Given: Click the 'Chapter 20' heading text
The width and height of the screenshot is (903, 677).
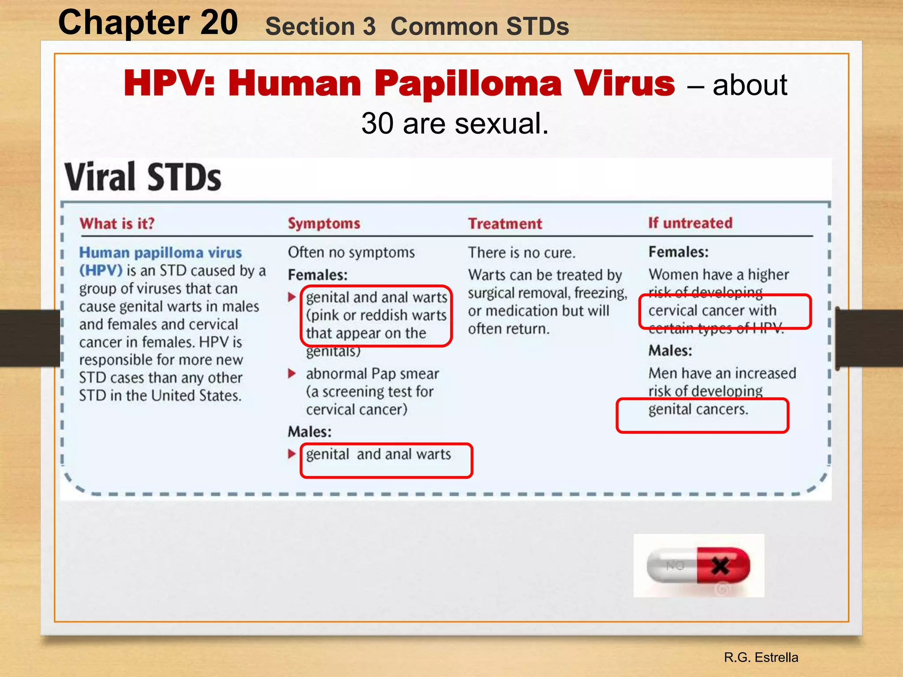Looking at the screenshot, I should click(148, 23).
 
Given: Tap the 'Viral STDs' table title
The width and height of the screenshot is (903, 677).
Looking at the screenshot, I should click(143, 177).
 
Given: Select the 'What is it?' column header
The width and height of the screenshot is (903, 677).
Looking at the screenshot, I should click(117, 223).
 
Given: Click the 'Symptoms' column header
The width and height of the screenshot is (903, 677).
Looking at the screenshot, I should click(324, 223).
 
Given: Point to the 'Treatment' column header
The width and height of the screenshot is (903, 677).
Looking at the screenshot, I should click(505, 224).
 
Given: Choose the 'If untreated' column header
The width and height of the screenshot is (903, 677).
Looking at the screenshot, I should click(690, 223).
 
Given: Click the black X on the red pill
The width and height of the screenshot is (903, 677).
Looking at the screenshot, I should click(720, 565).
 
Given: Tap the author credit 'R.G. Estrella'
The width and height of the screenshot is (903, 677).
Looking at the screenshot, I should click(761, 657).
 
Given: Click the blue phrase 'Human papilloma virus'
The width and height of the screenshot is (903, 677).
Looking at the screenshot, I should click(160, 253).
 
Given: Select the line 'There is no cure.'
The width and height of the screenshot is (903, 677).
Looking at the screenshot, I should click(522, 253).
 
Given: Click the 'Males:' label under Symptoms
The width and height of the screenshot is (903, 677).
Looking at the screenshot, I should click(310, 431).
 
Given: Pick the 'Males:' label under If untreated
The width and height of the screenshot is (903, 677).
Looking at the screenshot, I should click(670, 351).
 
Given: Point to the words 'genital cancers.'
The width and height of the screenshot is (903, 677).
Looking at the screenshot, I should click(698, 409).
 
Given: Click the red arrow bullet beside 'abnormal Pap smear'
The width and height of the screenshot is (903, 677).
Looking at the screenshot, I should click(291, 374).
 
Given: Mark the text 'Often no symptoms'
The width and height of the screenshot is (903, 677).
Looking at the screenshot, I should click(351, 252).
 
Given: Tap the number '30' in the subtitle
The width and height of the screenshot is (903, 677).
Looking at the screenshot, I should click(377, 123).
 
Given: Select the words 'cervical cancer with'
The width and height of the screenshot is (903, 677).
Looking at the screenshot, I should click(712, 310).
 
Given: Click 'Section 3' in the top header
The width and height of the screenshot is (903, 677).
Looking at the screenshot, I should click(320, 26).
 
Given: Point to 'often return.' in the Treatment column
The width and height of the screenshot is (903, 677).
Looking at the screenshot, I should click(508, 329).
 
